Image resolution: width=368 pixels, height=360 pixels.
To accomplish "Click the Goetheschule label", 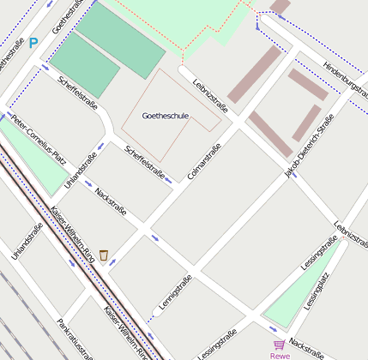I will pyautogui.click(x=165, y=116).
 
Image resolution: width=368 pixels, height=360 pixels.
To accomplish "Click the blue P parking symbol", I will pyautogui.click(x=33, y=42).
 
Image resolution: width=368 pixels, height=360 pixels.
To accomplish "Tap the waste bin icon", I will pyautogui.click(x=104, y=255).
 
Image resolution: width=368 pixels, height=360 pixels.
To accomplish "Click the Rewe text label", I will pyautogui.click(x=280, y=355).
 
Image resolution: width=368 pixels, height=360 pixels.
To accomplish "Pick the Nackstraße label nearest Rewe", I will pyautogui.click(x=306, y=346).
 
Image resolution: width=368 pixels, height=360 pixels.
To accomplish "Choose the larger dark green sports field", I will pyautogui.click(x=120, y=39).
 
